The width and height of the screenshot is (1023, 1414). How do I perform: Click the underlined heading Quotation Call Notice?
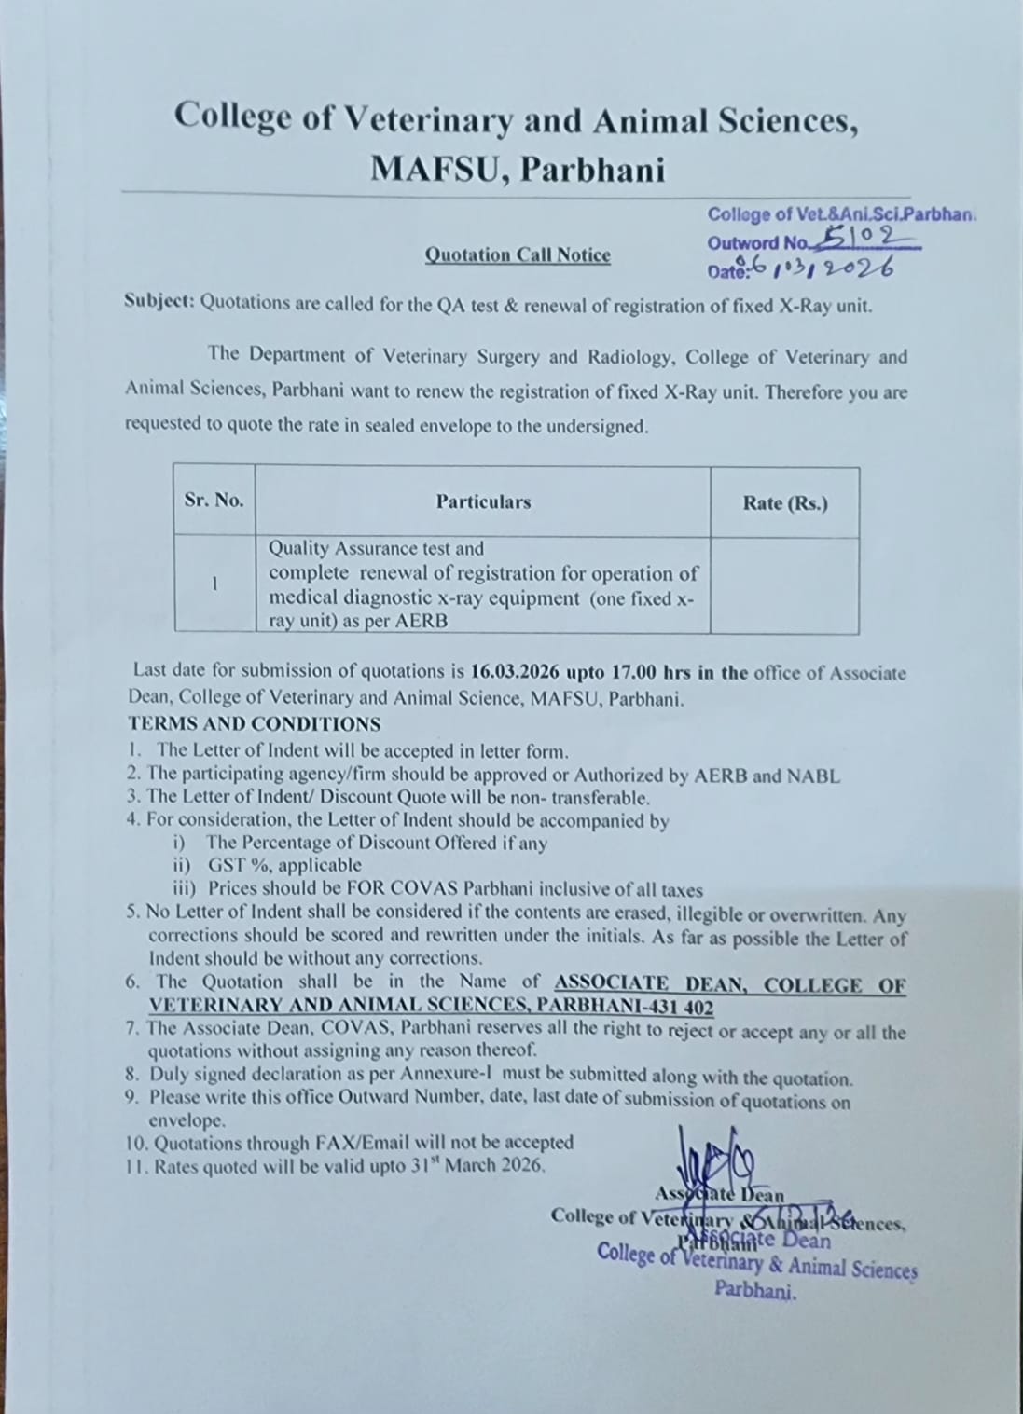tap(518, 254)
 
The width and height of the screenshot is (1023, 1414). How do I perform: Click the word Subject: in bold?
tap(159, 303)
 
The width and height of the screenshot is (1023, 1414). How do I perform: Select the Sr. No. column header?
tap(214, 500)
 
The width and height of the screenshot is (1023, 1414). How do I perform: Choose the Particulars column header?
tap(483, 501)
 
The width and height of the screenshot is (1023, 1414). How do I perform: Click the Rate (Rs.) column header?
tap(784, 503)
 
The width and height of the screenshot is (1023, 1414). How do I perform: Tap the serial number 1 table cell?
tap(214, 584)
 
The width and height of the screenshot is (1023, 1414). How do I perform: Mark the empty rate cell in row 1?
tap(784, 585)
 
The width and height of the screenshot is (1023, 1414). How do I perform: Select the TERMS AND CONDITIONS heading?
tap(255, 724)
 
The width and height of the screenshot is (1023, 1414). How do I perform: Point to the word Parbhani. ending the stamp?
tap(755, 1291)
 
